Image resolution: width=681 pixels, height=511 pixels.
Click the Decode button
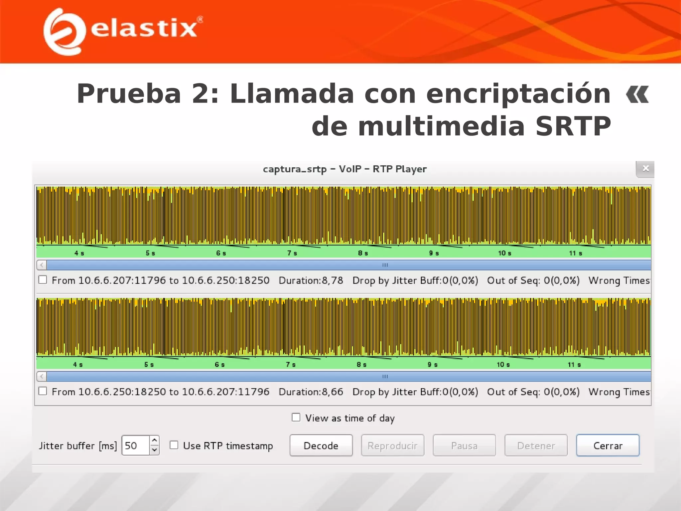click(321, 445)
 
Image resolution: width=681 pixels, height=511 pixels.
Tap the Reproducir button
click(392, 445)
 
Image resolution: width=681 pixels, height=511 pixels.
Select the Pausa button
click(464, 445)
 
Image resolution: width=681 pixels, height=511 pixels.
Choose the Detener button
click(536, 445)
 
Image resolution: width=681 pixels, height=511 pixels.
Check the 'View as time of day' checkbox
click(296, 417)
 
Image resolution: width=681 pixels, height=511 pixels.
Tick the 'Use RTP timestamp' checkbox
click(174, 445)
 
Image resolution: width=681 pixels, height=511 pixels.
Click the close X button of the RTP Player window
click(645, 169)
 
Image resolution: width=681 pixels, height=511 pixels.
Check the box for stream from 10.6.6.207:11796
click(43, 280)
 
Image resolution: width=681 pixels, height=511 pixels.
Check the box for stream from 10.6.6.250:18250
click(43, 391)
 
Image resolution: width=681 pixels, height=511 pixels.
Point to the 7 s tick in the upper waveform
click(292, 253)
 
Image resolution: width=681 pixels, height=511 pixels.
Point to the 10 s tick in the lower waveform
click(503, 365)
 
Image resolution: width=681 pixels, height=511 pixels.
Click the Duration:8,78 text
click(311, 280)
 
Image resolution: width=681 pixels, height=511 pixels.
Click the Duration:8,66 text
click(311, 392)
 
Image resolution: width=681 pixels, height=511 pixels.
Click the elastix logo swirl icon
click(63, 32)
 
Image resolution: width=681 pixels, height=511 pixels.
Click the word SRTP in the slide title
click(573, 126)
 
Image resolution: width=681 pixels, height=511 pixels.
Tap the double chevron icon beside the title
click(637, 94)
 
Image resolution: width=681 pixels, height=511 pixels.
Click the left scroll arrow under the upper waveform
click(42, 265)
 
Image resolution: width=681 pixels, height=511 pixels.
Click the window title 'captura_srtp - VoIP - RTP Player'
click(344, 169)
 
